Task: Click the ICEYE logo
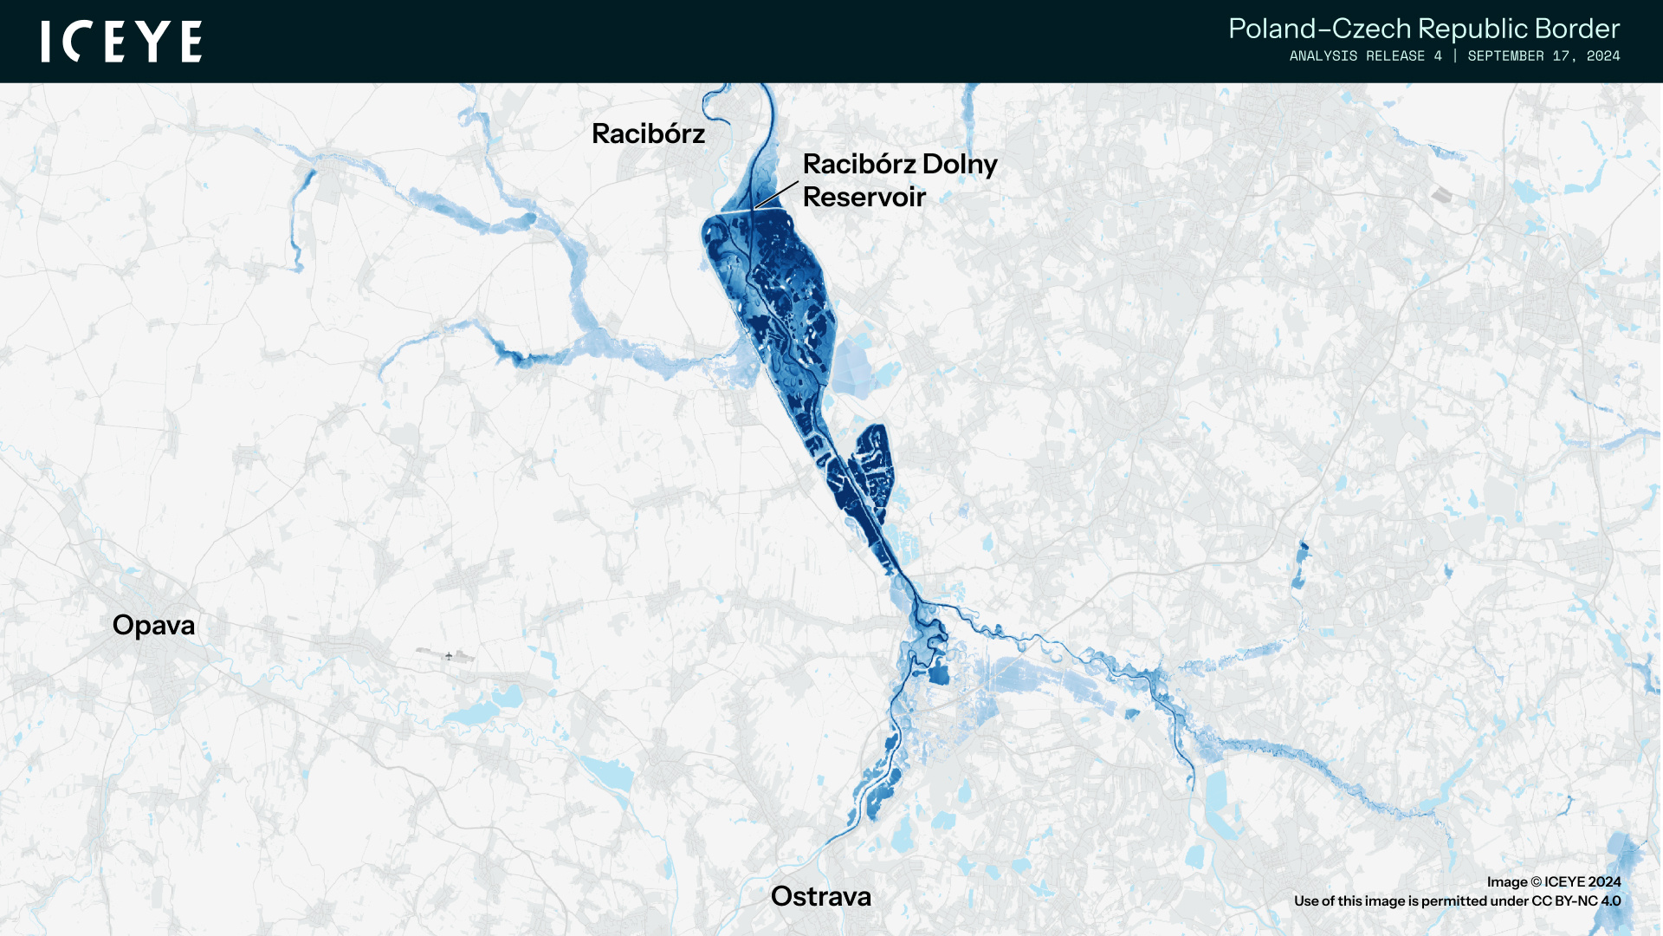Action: point(121,42)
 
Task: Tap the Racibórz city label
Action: point(648,134)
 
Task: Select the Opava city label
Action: point(153,625)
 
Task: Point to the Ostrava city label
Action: point(820,896)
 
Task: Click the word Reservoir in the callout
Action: point(864,198)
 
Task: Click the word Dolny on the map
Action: point(960,165)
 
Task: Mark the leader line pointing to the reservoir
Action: point(776,194)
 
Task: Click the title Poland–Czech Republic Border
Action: point(1423,29)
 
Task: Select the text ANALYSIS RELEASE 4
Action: point(1365,56)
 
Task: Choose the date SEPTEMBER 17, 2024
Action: point(1543,56)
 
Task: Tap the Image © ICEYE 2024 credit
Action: point(1553,881)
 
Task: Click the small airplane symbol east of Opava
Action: point(449,656)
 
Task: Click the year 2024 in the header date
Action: point(1603,56)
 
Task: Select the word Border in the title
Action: point(1576,29)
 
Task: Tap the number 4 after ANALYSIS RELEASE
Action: point(1438,56)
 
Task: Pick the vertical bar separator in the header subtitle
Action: point(1455,56)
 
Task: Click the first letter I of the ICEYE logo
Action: point(46,42)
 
